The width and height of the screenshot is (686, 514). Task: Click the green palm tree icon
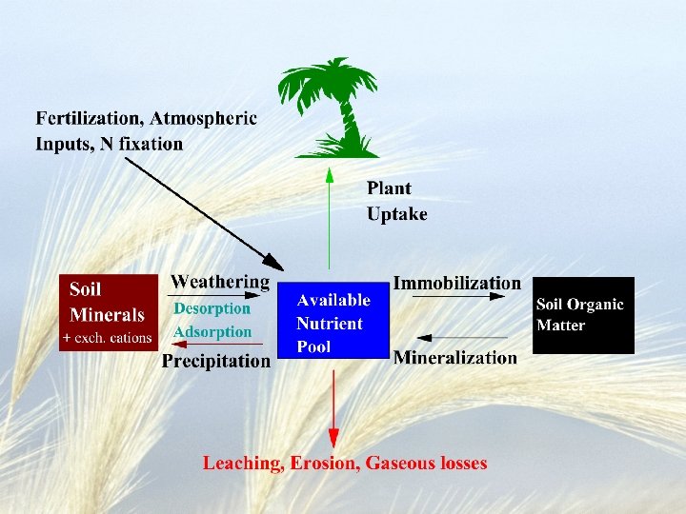[328, 107]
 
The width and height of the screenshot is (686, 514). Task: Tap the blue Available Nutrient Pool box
[333, 323]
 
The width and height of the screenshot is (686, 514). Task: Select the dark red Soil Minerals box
[108, 312]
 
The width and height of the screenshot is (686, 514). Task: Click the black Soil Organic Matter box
[582, 315]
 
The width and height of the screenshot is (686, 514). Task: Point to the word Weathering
[220, 282]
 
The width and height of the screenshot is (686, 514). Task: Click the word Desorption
[212, 308]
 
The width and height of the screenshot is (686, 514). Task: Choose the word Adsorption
[212, 332]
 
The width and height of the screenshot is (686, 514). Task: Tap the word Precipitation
[216, 361]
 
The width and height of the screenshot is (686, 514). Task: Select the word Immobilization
[457, 283]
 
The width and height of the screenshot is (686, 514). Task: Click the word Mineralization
[455, 358]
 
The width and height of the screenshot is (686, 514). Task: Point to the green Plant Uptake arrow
[330, 219]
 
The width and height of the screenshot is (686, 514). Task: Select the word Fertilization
[89, 119]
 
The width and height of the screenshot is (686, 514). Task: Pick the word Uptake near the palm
[396, 214]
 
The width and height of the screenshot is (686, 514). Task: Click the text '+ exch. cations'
[107, 338]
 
